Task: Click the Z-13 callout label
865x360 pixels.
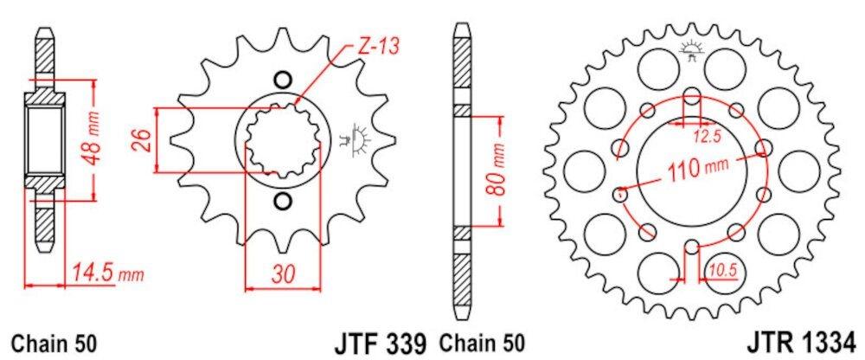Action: [378, 47]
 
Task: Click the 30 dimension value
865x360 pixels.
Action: [283, 273]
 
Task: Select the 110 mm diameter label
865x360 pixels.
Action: [693, 166]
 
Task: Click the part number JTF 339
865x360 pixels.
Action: [380, 344]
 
